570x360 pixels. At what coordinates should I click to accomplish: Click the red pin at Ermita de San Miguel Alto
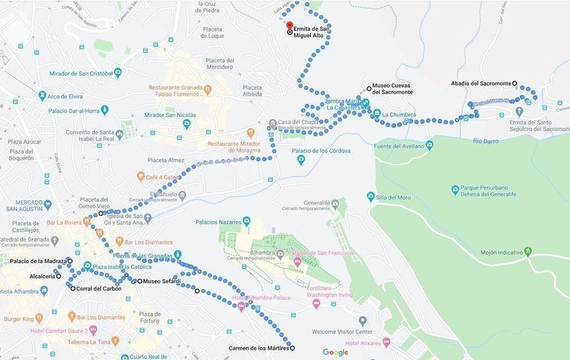(x=289, y=26)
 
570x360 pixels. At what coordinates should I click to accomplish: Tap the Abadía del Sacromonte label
(x=481, y=83)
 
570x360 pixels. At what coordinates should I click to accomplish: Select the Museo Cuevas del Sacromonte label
(x=394, y=92)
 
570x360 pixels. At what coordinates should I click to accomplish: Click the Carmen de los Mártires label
(x=258, y=349)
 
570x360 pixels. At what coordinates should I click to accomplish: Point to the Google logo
(x=336, y=352)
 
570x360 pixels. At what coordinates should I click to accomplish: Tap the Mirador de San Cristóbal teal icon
(x=118, y=73)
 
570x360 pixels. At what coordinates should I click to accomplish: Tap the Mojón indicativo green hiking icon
(x=527, y=251)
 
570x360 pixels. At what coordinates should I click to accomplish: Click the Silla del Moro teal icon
(x=370, y=196)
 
